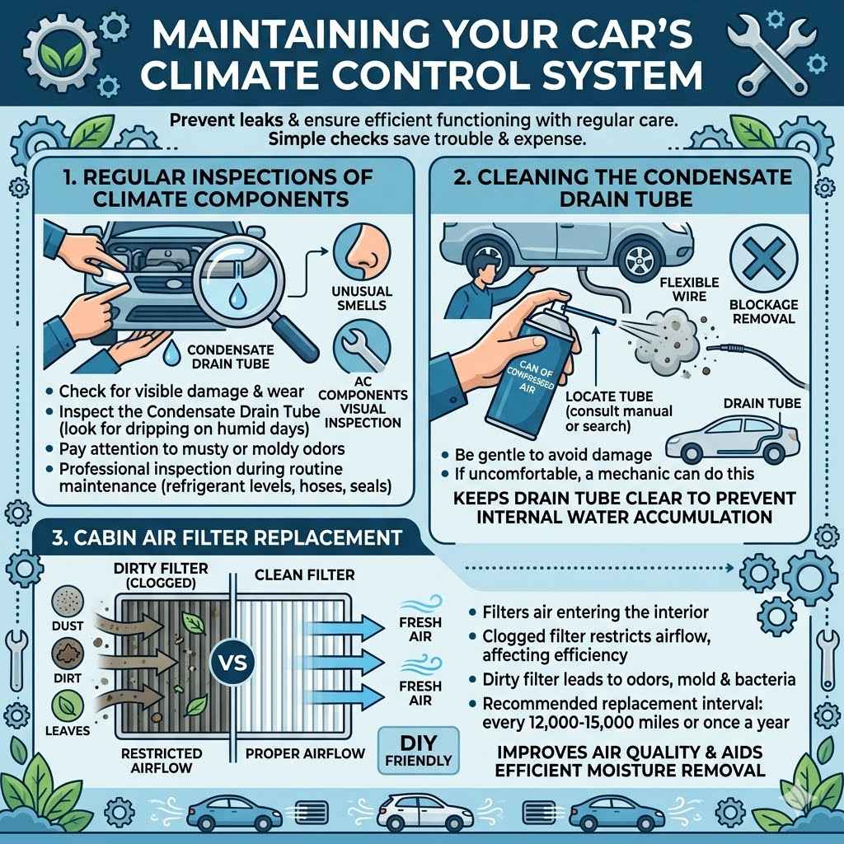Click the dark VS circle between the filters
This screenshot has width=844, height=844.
point(235,662)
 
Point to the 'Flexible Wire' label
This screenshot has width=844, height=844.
point(678,289)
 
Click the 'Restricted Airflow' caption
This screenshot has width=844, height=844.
point(161,760)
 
